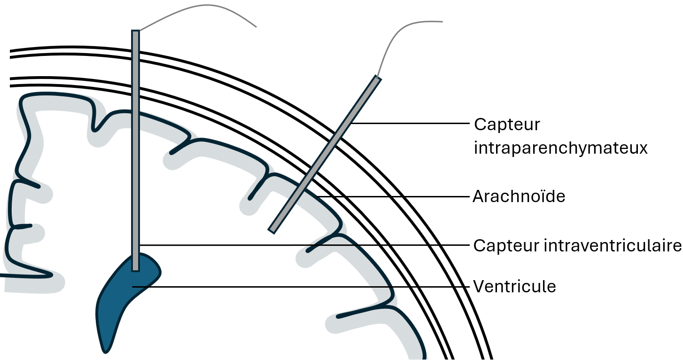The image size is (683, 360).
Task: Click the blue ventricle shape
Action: (117, 301)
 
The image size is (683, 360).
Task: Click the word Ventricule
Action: (514, 286)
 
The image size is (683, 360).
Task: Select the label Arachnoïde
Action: (519, 196)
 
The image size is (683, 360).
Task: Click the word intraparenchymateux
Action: (560, 148)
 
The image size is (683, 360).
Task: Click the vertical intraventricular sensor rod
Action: (135, 141)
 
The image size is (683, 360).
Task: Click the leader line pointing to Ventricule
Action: (301, 286)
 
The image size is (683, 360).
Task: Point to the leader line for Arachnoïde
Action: (395, 196)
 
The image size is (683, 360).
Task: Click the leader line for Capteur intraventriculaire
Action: (305, 245)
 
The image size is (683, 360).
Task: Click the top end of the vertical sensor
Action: (135, 32)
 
